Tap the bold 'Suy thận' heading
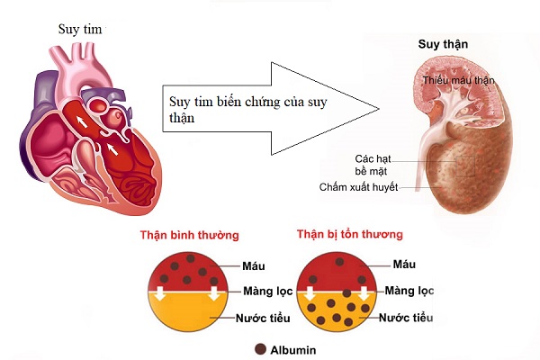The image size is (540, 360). tap(443, 43)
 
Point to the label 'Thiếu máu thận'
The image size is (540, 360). tap(459, 81)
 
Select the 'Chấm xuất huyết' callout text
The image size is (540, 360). tap(358, 187)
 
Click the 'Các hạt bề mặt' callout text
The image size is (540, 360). tap(372, 163)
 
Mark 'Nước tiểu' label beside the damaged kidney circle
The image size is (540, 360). tap(408, 318)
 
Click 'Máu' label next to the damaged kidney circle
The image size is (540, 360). tap(403, 264)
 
